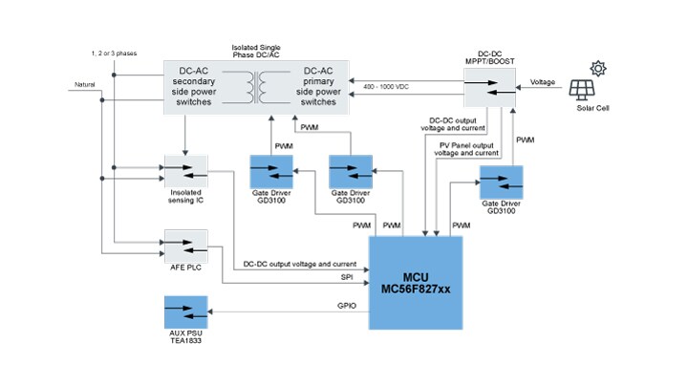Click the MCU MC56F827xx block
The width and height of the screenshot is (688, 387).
417,283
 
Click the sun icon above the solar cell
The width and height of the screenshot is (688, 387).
599,67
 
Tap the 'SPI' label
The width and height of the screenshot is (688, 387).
347,276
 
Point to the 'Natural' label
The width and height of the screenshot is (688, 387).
89,86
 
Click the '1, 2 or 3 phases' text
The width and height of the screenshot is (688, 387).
112,52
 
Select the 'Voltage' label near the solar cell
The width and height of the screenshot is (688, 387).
544,82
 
